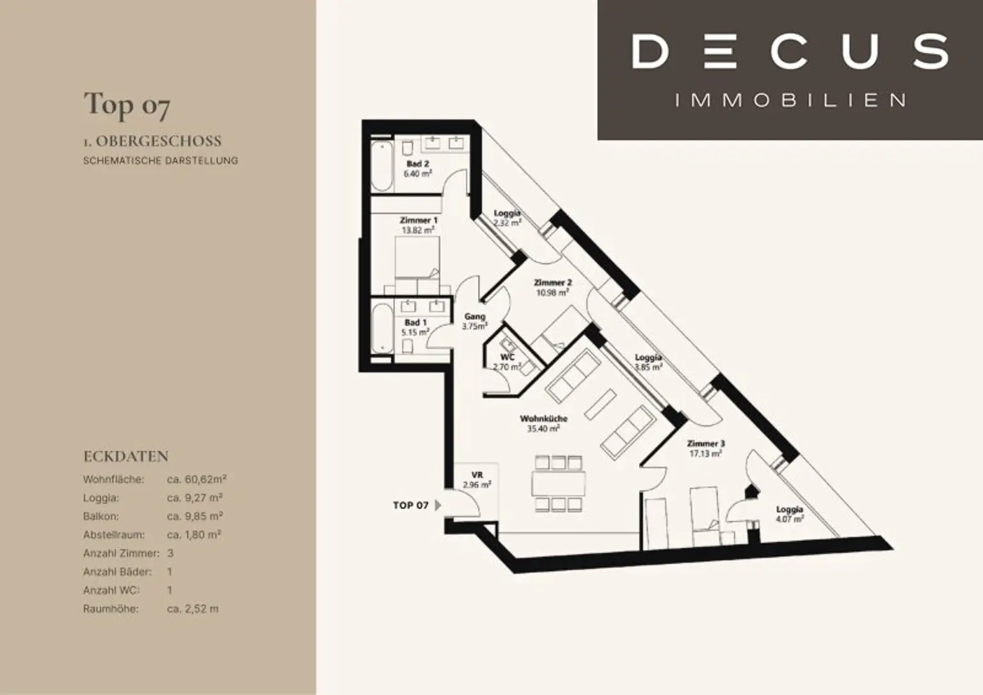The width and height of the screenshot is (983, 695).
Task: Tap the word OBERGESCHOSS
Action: (159, 141)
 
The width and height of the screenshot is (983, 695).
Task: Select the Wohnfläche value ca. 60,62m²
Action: (196, 479)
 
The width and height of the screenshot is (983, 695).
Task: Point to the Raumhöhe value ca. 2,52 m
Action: (193, 609)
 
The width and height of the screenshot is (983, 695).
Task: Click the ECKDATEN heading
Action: (126, 456)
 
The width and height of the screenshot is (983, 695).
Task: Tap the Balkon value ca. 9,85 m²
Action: (195, 516)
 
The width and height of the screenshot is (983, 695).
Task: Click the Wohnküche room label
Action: (544, 418)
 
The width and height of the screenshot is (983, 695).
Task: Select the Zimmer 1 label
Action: (418, 220)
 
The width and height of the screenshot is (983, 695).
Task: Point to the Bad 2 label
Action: (418, 164)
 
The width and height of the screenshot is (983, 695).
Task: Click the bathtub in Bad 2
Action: (382, 166)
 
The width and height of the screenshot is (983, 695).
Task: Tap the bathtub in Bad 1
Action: (382, 329)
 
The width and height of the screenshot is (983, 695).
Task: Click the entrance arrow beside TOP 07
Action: (438, 505)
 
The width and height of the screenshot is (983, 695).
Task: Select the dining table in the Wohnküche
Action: (558, 483)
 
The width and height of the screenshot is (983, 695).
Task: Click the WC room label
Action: (507, 357)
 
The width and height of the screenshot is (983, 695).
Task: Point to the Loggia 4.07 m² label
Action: (790, 514)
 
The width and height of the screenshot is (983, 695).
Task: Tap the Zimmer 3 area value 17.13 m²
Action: (706, 454)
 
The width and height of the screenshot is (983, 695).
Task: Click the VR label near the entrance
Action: (477, 475)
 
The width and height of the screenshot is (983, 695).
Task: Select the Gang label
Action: (475, 316)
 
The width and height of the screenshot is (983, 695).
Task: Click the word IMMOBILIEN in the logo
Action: (790, 100)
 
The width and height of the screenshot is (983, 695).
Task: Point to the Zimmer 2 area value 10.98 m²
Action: (552, 292)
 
